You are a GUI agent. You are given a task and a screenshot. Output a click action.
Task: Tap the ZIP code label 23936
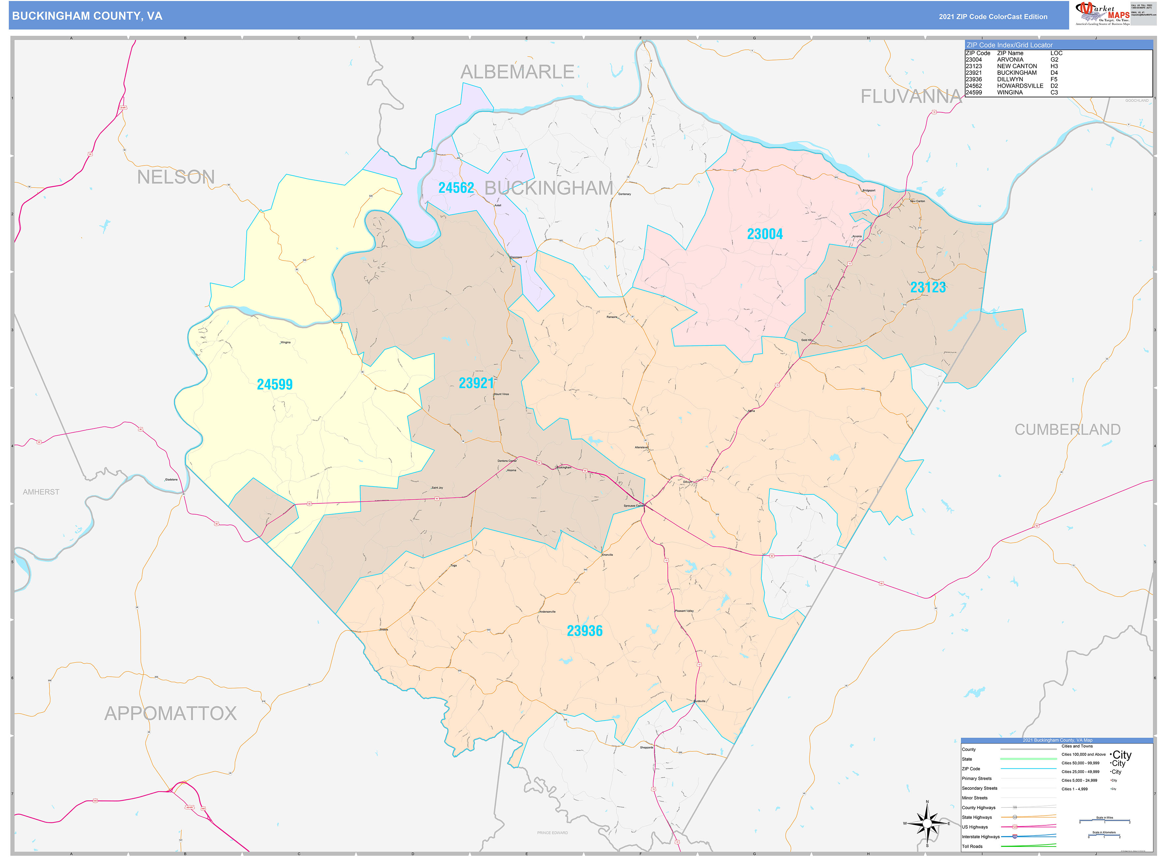pos(584,631)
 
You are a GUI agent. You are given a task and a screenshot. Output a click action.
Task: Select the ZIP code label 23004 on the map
pos(764,234)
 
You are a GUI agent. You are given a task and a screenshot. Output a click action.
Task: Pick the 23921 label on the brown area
pos(476,383)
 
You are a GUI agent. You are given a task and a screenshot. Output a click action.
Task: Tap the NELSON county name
pos(176,177)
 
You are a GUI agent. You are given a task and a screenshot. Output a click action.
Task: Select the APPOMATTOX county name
pos(171,713)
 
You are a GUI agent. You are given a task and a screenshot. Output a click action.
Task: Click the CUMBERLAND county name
pos(1067,429)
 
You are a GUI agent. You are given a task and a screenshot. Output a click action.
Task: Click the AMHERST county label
pos(41,492)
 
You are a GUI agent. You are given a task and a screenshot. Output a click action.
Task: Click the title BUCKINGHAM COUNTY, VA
pos(87,16)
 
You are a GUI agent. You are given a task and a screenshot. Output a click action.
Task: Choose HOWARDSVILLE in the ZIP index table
pos(1019,86)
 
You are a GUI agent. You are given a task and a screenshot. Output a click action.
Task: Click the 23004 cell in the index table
pos(973,60)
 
